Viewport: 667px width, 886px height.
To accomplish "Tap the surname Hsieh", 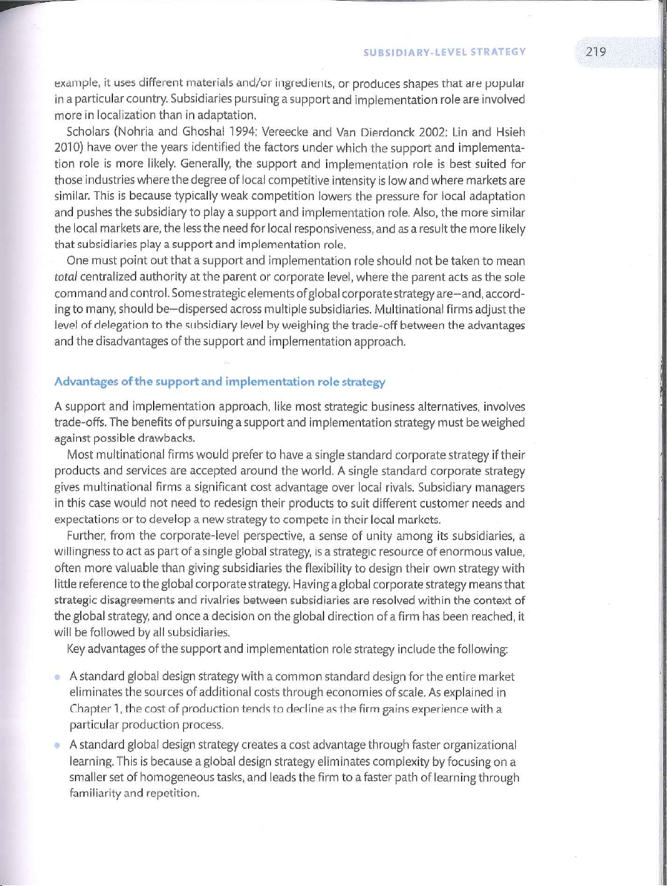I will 510,132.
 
